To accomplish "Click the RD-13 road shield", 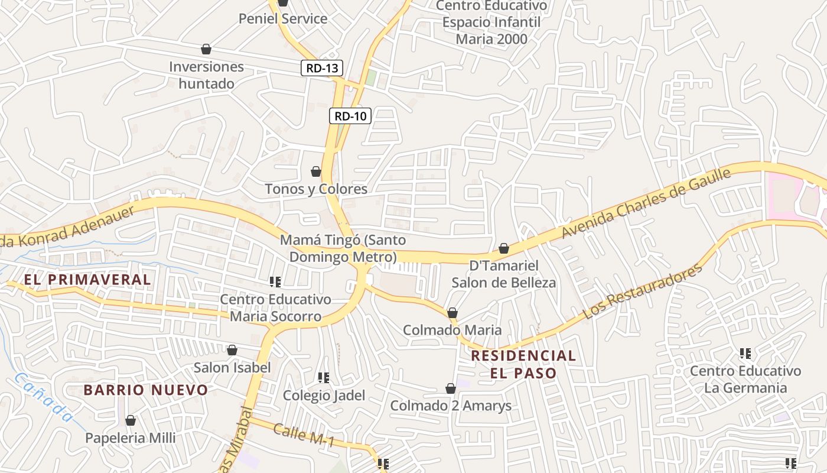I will [x=322, y=68].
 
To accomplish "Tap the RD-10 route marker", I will [x=350, y=116].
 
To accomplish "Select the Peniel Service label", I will [x=282, y=18].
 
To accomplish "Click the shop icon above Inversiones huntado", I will [x=206, y=48].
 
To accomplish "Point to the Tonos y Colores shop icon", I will [x=316, y=171].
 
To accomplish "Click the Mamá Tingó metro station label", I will [x=343, y=249].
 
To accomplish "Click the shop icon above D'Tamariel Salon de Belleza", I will [x=504, y=248].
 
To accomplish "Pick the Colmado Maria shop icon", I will [x=452, y=313].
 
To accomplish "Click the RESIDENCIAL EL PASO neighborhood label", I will [x=523, y=364].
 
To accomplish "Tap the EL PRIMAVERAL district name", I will [x=87, y=279].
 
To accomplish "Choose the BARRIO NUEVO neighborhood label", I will [x=145, y=390].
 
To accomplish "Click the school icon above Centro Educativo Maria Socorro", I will [x=275, y=282].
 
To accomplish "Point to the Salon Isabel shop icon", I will [x=232, y=351].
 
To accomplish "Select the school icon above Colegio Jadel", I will [x=323, y=377].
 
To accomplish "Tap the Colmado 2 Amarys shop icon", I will [x=451, y=388].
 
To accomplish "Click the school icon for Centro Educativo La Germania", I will [x=745, y=354].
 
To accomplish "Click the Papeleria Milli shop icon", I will [x=131, y=420].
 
